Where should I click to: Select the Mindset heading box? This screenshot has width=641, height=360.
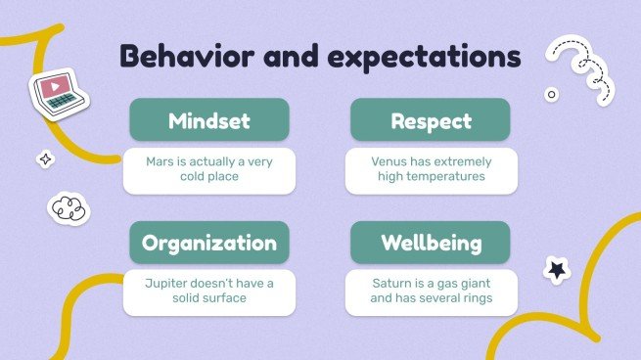[x=208, y=122]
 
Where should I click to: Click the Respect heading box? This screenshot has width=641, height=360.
[x=431, y=122]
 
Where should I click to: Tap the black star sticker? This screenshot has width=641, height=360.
[x=557, y=266]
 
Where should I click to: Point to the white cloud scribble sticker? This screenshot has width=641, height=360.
[x=66, y=206]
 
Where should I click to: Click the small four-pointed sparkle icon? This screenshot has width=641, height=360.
[x=44, y=158]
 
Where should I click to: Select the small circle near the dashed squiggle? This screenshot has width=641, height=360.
[x=551, y=95]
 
